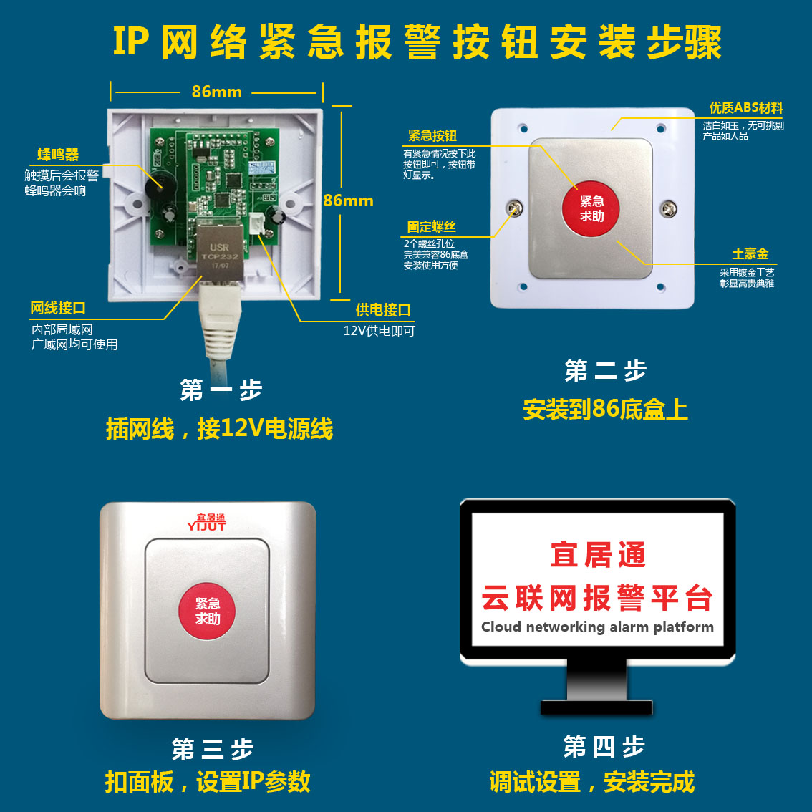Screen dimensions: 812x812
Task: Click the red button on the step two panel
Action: [x=590, y=208]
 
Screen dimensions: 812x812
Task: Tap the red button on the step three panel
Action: [x=207, y=611]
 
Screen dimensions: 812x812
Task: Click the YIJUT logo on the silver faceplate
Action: [x=206, y=523]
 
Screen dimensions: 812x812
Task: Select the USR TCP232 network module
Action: [x=220, y=250]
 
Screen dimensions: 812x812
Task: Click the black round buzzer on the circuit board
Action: [x=160, y=183]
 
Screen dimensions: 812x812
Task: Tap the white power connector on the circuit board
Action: [x=257, y=223]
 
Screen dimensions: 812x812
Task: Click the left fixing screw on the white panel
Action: [x=514, y=208]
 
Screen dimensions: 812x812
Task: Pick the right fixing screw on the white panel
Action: [x=668, y=208]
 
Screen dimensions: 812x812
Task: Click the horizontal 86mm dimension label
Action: [x=216, y=92]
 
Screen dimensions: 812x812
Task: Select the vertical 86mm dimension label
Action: [x=348, y=200]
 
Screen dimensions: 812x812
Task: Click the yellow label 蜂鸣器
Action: [x=58, y=155]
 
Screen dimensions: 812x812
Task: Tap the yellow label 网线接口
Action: [x=57, y=308]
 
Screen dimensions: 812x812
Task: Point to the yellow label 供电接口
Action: [x=383, y=309]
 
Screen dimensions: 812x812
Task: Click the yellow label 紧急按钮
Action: [x=432, y=135]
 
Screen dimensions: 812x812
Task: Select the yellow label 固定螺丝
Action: [x=431, y=226]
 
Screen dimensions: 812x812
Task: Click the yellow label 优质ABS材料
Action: [x=745, y=107]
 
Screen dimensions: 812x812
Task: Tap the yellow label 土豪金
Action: [x=750, y=253]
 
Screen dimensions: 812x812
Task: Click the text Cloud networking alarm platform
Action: [x=597, y=627]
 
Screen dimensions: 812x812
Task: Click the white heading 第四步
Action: [x=604, y=747]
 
